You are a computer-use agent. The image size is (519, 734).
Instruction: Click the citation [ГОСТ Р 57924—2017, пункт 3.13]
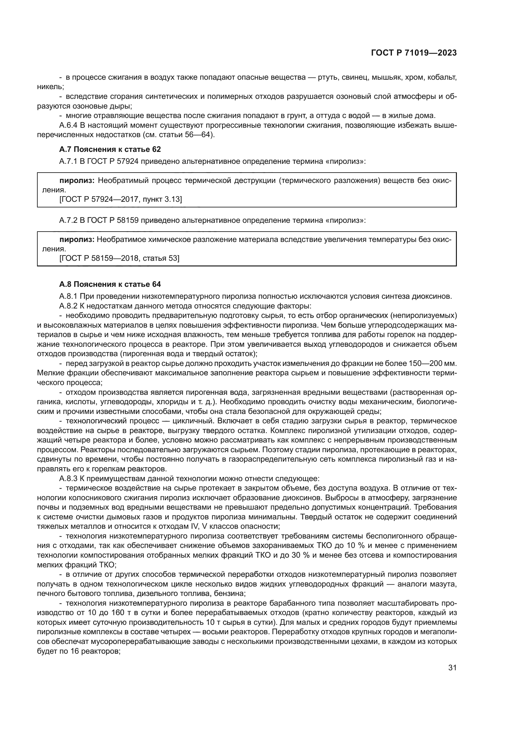pyautogui.click(x=120, y=200)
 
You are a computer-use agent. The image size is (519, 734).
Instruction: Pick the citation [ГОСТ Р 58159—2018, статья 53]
pyautogui.click(x=119, y=258)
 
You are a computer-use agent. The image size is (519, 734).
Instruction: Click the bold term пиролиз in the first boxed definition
pyautogui.click(x=77, y=181)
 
